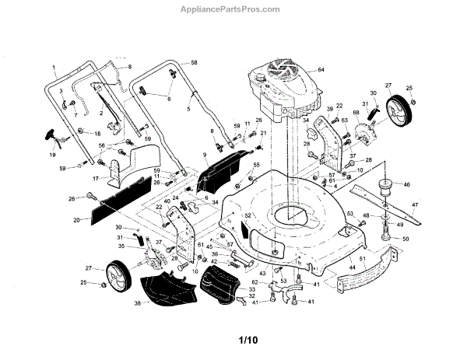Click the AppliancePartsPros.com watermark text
coord(233,9)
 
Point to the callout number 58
coord(195,61)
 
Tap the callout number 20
coord(77,220)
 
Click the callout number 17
coord(96,178)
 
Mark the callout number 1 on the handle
coord(55,67)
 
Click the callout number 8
coord(129,67)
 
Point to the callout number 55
coord(257,166)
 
